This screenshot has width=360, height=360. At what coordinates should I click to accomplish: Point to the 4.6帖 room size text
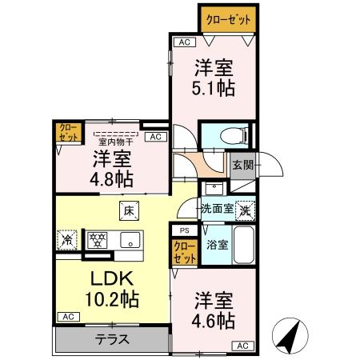pyautogui.click(x=214, y=321)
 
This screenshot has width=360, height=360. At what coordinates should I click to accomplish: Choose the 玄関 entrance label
pyautogui.click(x=242, y=166)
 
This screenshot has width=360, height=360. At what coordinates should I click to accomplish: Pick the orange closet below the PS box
pyautogui.click(x=183, y=253)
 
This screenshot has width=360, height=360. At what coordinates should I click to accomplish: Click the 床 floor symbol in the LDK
pyautogui.click(x=128, y=211)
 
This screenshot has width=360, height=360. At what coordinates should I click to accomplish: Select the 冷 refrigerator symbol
pyautogui.click(x=68, y=238)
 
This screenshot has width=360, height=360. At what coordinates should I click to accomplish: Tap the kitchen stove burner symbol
pyautogui.click(x=97, y=238)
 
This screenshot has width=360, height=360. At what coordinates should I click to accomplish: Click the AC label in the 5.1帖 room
pyautogui.click(x=183, y=42)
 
